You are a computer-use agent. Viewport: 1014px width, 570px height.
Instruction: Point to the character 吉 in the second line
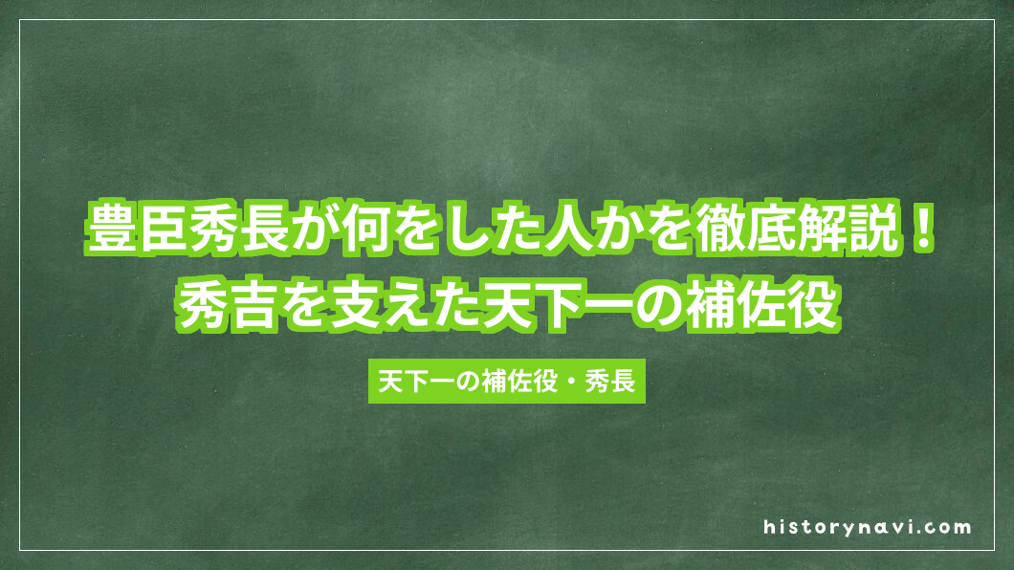point(252,304)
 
